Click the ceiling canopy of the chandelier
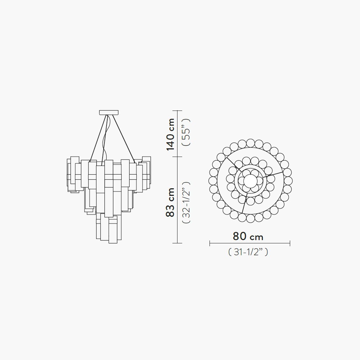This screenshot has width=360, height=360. click(109, 112)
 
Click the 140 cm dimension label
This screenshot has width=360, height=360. click(170, 135)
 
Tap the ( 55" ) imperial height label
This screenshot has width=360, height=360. click(186, 132)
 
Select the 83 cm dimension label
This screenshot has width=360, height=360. click(170, 202)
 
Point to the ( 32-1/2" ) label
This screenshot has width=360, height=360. click(186, 202)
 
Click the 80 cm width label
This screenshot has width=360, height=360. click(248, 236)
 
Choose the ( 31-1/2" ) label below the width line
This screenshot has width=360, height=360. click(248, 252)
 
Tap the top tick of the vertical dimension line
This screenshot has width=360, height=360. click(177, 111)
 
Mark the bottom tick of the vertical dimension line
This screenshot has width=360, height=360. click(177, 243)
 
